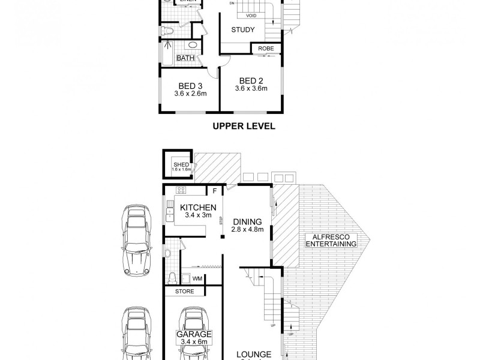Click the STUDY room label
point(243,30)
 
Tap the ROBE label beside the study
point(266,49)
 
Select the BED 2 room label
point(251,80)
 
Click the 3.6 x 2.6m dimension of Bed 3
point(190,94)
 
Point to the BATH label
point(185,58)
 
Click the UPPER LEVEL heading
point(244,126)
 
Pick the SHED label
point(181,165)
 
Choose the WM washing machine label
point(197,278)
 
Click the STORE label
point(184,292)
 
